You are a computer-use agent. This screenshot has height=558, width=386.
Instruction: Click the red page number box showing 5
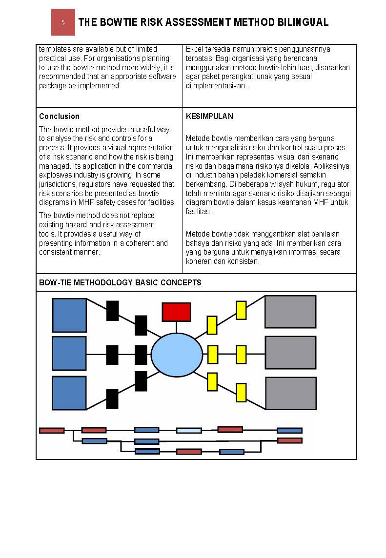point(63,22)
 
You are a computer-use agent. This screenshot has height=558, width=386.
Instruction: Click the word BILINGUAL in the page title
point(304,22)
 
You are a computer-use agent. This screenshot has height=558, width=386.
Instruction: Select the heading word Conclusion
point(59,116)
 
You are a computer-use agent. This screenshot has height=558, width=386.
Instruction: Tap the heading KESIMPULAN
point(209,116)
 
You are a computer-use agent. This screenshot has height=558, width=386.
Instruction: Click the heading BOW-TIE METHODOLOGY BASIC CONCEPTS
point(120,282)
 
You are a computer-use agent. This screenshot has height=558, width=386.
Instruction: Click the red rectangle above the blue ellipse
point(176,312)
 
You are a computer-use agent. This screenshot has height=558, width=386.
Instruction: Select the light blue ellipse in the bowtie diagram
point(177,355)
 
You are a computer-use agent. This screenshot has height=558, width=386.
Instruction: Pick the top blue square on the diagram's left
point(69,315)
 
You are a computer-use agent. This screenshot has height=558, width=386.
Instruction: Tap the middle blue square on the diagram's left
point(69,353)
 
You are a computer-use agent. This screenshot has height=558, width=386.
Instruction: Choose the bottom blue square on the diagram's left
point(69,393)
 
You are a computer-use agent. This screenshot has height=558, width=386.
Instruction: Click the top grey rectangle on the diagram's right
point(290,312)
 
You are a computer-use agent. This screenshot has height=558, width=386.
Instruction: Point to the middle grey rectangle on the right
point(290,352)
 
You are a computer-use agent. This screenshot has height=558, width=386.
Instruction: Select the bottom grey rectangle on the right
point(290,393)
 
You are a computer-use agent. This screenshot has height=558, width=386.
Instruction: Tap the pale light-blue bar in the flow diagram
point(189,430)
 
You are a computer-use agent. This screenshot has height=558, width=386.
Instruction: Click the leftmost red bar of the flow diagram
point(52,430)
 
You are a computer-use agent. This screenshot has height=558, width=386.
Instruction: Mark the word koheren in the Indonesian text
point(197,261)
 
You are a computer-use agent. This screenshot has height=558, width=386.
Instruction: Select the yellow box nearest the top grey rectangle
point(241,310)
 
